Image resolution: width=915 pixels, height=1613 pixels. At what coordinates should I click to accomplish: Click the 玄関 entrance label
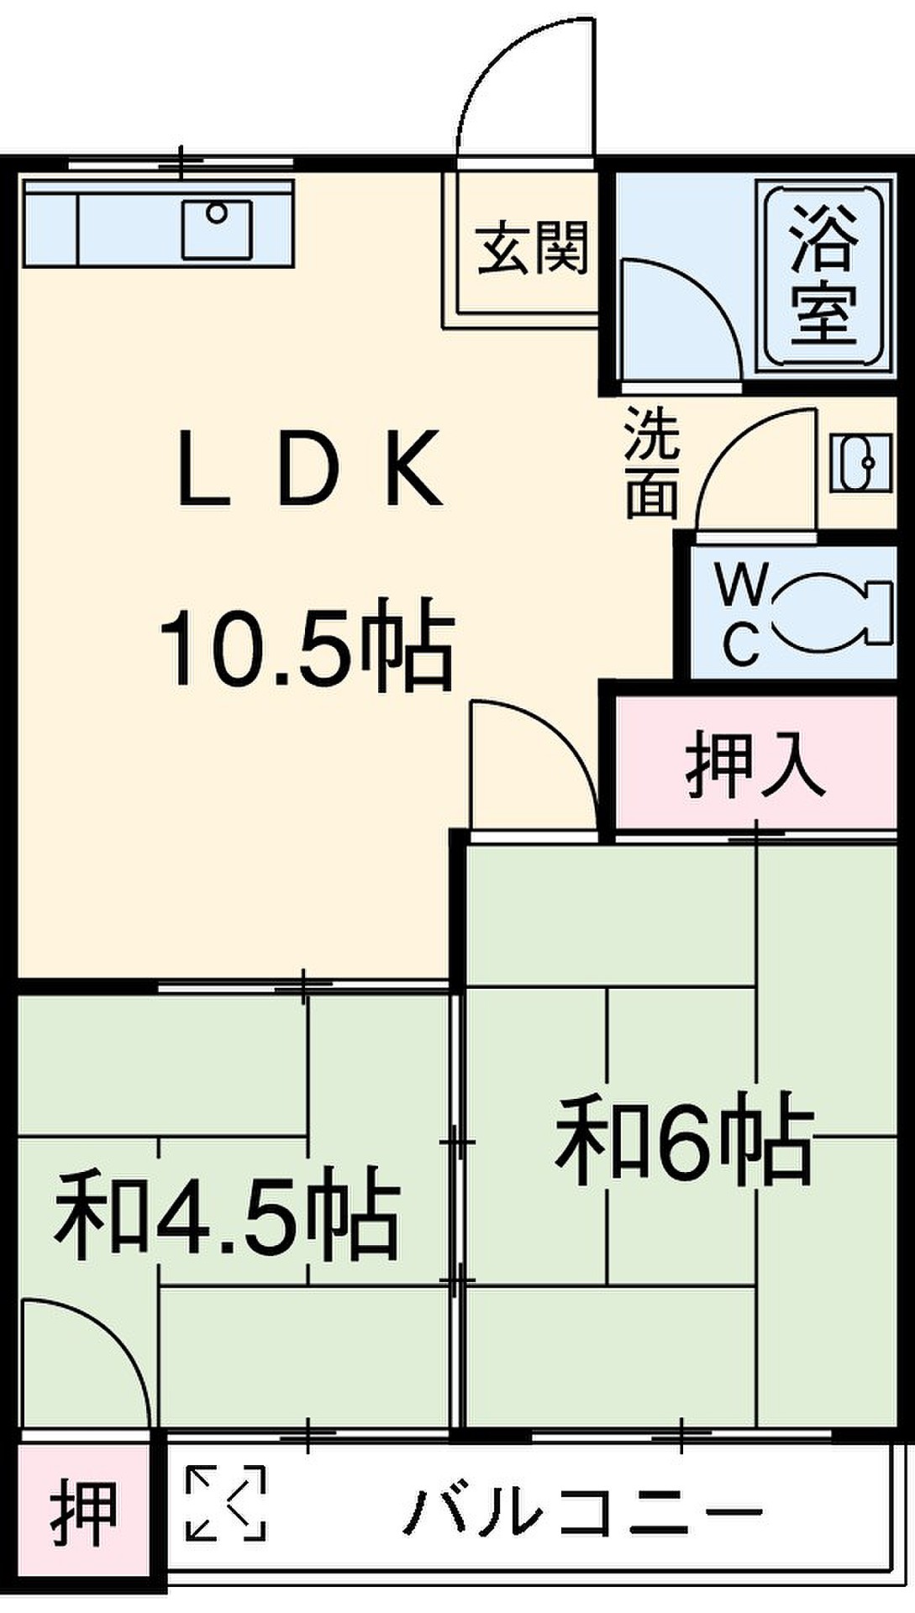coord(533,248)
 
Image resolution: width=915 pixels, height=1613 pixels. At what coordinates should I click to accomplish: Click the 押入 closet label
coord(755,766)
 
